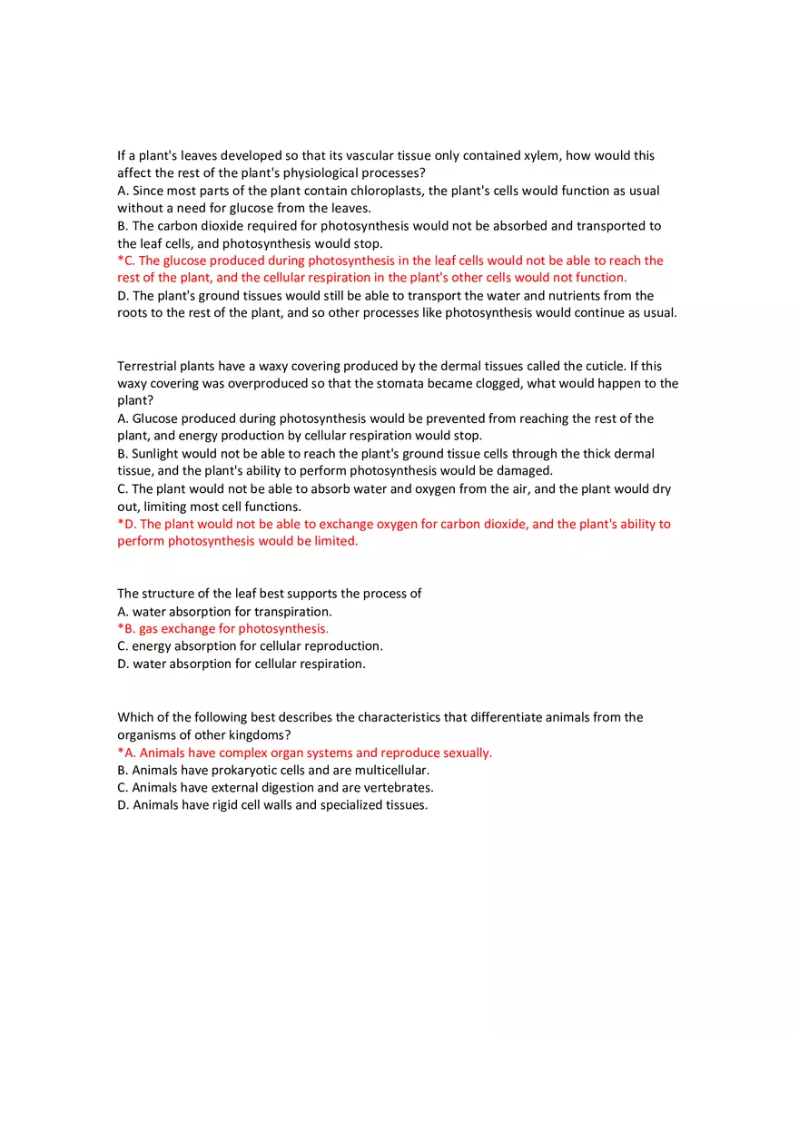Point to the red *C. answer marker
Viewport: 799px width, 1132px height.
126,261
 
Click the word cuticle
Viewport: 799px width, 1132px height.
604,366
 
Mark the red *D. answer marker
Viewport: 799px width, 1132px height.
126,524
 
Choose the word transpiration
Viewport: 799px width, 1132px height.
292,612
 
